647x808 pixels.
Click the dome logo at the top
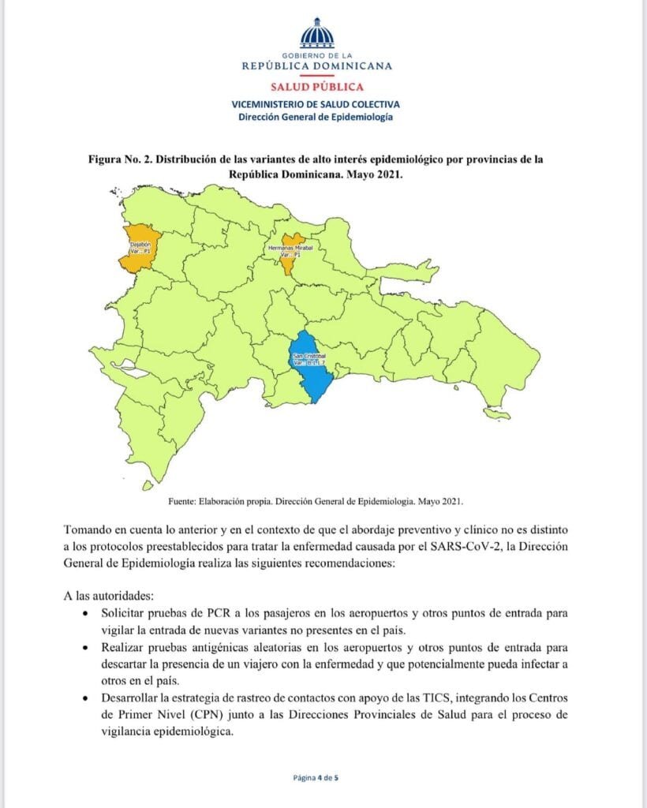tap(316, 33)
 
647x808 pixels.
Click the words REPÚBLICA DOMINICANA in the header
tap(316, 67)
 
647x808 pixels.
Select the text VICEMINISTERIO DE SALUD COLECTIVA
tap(316, 104)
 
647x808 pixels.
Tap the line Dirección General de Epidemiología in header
tap(316, 117)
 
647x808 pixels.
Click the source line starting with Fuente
tap(316, 502)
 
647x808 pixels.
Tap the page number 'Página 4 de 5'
tap(316, 777)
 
